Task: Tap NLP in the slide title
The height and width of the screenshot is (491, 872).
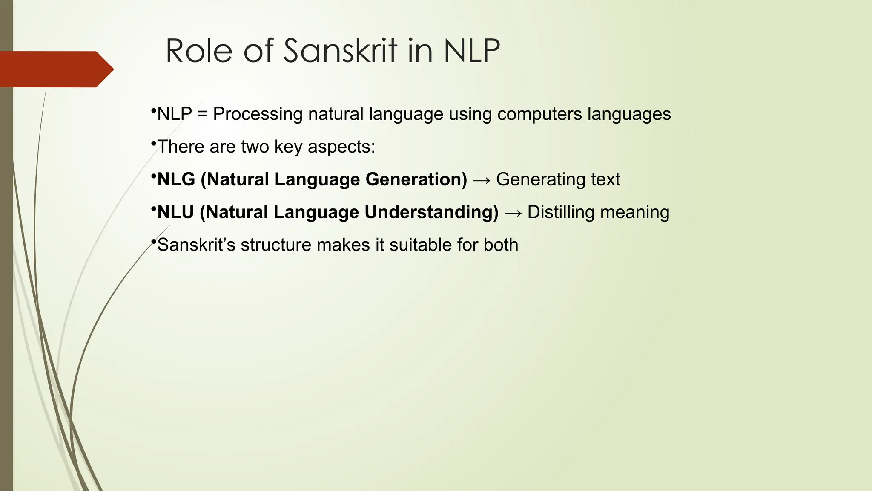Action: point(472,51)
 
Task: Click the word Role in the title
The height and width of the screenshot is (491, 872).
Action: point(199,51)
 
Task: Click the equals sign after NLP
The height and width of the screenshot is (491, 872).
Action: point(203,114)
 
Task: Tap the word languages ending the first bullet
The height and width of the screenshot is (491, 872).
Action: point(629,114)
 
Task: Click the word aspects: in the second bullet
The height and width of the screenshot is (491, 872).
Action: point(341,147)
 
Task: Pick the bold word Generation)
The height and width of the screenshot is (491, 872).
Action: point(416,179)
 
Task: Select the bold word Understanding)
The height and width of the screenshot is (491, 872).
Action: point(431,212)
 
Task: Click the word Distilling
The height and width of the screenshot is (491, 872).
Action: point(558,212)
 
